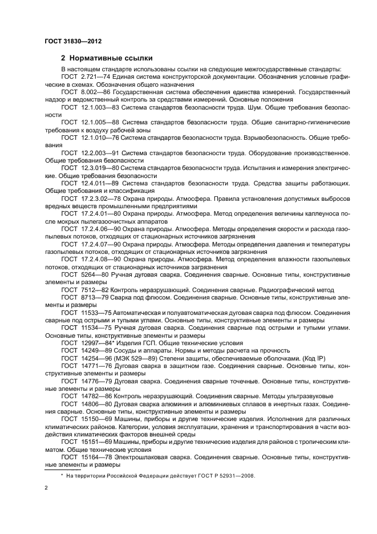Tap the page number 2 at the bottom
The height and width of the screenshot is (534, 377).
point(46,488)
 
